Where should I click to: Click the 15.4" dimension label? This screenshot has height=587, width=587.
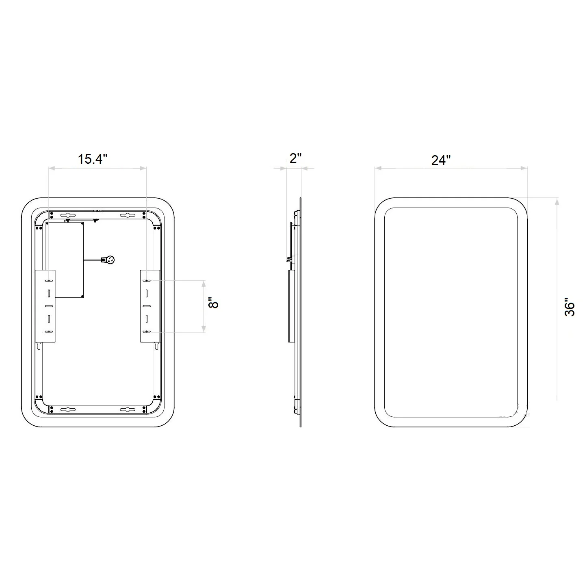pyautogui.click(x=93, y=159)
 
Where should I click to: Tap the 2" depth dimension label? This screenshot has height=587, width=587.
pyautogui.click(x=295, y=158)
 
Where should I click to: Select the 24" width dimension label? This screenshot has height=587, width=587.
pyautogui.click(x=441, y=160)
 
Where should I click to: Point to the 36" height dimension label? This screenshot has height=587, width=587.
pyautogui.click(x=570, y=307)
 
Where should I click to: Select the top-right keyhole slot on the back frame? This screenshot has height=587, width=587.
pyautogui.click(x=128, y=215)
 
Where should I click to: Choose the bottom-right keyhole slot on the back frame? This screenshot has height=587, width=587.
pyautogui.click(x=128, y=410)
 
